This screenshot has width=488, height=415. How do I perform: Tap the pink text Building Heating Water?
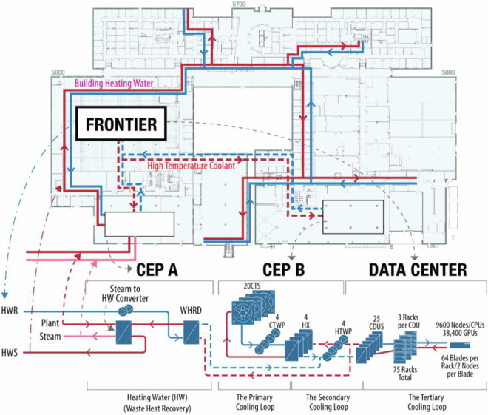(x=114, y=84)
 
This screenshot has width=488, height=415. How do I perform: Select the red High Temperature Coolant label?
(x=190, y=166)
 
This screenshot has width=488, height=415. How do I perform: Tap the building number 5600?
(x=58, y=72)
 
